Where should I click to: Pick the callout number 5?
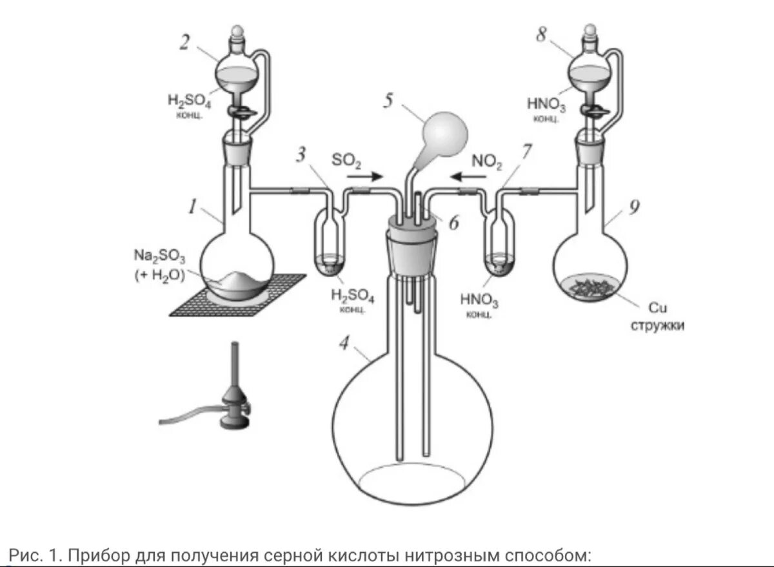click(388, 101)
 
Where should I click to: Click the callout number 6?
click(453, 222)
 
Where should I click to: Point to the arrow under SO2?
click(366, 175)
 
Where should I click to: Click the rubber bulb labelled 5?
click(443, 134)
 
